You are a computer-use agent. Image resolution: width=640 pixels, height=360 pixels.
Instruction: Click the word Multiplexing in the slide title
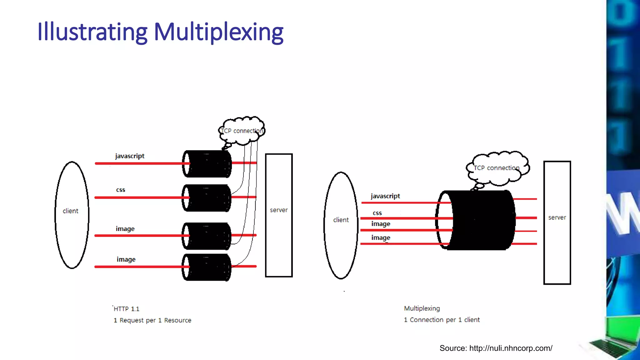pyautogui.click(x=219, y=32)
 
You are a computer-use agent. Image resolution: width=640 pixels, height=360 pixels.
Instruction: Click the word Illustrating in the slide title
pyautogui.click(x=92, y=32)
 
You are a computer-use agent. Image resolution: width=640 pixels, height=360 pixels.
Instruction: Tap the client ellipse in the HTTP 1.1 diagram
pyautogui.click(x=72, y=215)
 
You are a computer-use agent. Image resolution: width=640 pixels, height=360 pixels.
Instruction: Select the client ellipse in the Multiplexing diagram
pyautogui.click(x=341, y=225)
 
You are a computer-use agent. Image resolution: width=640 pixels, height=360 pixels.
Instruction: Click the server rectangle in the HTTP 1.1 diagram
pyautogui.click(x=279, y=215)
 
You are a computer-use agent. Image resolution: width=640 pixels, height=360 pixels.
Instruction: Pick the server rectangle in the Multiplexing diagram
pyautogui.click(x=557, y=222)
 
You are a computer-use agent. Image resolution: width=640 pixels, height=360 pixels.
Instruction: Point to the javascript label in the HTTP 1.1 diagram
pyautogui.click(x=130, y=156)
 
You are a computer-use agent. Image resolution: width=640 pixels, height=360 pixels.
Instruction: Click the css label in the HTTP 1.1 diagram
pyautogui.click(x=121, y=190)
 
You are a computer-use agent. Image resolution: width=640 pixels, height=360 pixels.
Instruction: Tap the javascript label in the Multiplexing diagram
pyautogui.click(x=385, y=196)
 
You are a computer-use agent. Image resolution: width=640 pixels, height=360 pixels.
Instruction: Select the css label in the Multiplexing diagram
pyautogui.click(x=377, y=213)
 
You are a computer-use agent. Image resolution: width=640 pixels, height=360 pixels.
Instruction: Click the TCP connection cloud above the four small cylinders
pyautogui.click(x=242, y=131)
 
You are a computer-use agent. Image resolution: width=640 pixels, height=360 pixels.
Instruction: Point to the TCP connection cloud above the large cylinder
pyautogui.click(x=497, y=168)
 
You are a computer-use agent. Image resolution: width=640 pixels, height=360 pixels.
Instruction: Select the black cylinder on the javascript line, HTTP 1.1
pyautogui.click(x=207, y=164)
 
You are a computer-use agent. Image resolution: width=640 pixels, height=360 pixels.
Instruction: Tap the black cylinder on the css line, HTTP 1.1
pyautogui.click(x=207, y=198)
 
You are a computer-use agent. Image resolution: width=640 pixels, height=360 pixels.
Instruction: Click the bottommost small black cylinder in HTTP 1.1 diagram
pyautogui.click(x=207, y=267)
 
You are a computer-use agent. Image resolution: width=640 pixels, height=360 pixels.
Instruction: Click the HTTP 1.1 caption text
pyautogui.click(x=127, y=309)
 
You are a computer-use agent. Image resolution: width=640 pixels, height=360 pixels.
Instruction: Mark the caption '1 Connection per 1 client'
pyautogui.click(x=442, y=320)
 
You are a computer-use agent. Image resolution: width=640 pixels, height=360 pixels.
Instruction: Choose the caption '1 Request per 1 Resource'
pyautogui.click(x=152, y=320)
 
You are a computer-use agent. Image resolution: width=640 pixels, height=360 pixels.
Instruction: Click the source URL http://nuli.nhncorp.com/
pyautogui.click(x=511, y=348)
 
